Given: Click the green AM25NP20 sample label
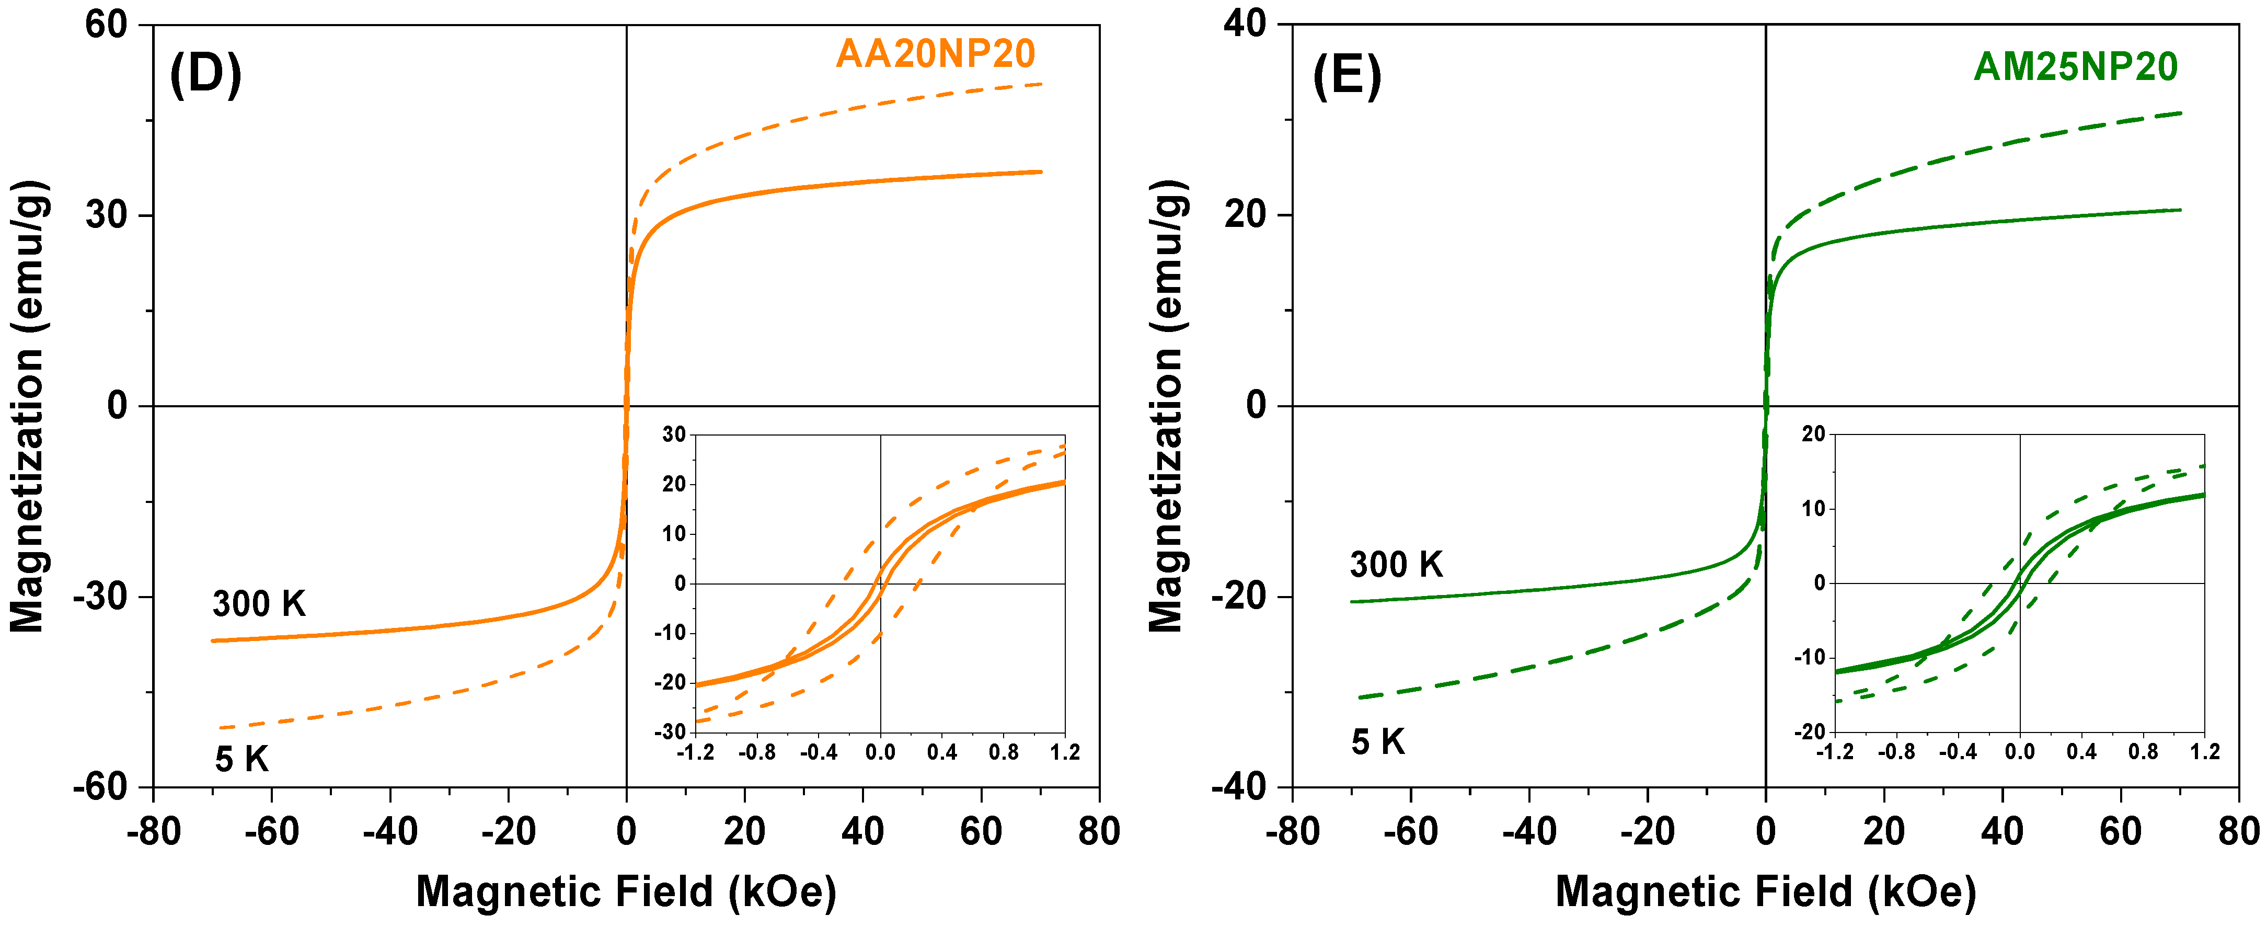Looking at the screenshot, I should (2075, 67).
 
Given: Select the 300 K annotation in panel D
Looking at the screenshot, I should (259, 604).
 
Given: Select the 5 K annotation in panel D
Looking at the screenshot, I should (241, 759).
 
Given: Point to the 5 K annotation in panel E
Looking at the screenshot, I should (1378, 742).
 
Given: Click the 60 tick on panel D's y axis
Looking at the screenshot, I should (107, 25).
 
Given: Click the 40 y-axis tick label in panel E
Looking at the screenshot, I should (1245, 25).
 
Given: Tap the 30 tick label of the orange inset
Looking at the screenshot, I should (674, 434).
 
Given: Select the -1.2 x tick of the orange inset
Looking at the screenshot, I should (695, 753).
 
